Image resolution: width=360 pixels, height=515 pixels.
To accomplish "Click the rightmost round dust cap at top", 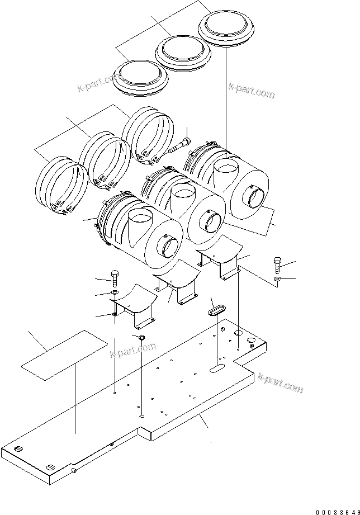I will point(225,27).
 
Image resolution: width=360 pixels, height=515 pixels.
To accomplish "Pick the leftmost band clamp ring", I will point(59,184).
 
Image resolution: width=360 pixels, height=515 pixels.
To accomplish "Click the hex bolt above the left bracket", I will point(115,278).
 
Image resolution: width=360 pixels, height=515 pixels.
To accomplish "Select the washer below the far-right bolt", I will point(278,278).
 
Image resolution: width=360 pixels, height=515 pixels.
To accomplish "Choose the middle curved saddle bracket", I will point(177,284).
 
